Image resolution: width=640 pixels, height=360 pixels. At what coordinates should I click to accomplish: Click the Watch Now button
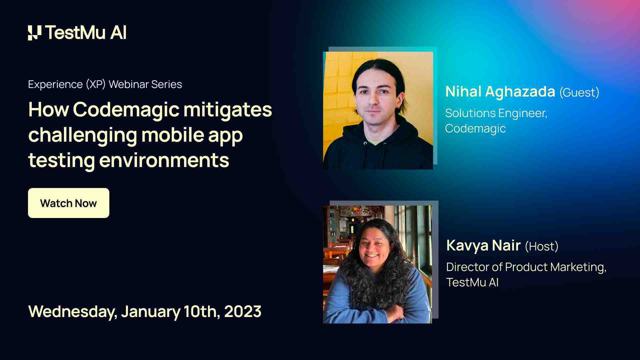(x=69, y=203)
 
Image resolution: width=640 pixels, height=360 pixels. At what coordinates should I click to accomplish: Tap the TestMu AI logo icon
(x=35, y=33)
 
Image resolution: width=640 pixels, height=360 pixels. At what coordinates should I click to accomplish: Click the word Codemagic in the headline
(x=126, y=110)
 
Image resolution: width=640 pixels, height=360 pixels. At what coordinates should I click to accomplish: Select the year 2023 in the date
(x=243, y=311)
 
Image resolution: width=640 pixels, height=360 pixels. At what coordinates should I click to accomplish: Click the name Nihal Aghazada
(x=500, y=92)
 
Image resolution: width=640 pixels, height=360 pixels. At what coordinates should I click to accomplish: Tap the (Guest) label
(x=579, y=93)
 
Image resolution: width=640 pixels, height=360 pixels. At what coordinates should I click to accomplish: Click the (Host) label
(x=541, y=247)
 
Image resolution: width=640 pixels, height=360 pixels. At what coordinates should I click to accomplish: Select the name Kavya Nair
(x=483, y=246)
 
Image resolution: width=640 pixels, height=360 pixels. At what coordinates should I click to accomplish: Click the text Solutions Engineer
(x=496, y=113)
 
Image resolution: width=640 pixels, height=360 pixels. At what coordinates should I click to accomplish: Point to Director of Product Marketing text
(x=526, y=267)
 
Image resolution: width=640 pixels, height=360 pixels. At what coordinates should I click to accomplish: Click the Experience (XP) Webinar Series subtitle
(x=105, y=84)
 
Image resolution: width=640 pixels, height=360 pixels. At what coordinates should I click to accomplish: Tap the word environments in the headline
(x=164, y=160)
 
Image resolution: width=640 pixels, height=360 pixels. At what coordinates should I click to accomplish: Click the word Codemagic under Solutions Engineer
(x=475, y=129)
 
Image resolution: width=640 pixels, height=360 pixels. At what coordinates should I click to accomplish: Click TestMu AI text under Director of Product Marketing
(x=472, y=283)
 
